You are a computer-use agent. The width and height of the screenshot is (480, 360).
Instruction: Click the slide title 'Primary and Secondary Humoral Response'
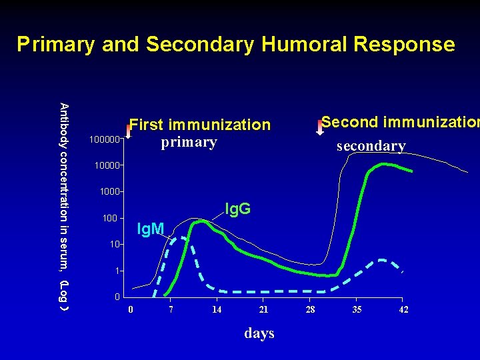tap(236, 45)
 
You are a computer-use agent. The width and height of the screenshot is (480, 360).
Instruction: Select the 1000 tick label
tap(109, 192)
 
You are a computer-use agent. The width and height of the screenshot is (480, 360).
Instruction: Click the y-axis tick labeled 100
tap(111, 219)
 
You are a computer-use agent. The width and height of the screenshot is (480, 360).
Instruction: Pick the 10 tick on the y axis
tap(115, 245)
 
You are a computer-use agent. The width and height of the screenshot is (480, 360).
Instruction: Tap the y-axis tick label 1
tap(117, 271)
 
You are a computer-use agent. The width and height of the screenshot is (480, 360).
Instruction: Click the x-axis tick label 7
tap(171, 310)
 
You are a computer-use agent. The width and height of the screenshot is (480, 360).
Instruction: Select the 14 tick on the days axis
tap(217, 310)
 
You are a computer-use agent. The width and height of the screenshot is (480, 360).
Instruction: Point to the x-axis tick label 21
tap(263, 310)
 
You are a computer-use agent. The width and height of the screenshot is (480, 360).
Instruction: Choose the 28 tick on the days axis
tap(310, 310)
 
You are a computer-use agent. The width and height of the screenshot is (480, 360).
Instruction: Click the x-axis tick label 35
tap(357, 310)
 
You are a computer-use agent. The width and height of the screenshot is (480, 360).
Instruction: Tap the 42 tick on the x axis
tap(403, 310)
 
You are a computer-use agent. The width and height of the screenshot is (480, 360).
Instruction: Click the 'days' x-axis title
tap(259, 333)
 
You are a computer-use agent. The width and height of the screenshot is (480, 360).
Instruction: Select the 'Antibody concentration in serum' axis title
tap(64, 207)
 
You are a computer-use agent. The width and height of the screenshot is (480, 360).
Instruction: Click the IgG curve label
tap(237, 209)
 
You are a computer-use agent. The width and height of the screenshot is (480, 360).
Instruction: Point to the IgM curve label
tap(150, 230)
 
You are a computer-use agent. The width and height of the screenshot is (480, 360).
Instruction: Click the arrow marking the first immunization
tap(129, 129)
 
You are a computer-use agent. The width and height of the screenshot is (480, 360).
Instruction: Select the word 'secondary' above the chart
tap(371, 146)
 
